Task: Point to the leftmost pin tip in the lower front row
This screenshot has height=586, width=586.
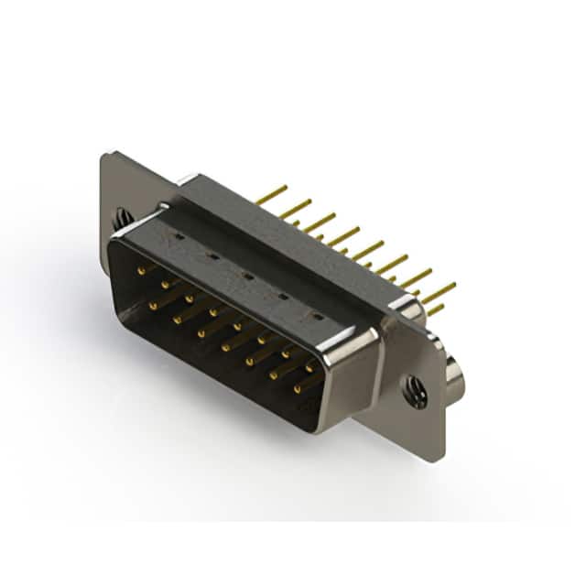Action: point(152,299)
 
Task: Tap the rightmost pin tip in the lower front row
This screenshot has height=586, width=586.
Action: point(296,389)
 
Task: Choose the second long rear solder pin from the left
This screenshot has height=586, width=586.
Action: point(284,212)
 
